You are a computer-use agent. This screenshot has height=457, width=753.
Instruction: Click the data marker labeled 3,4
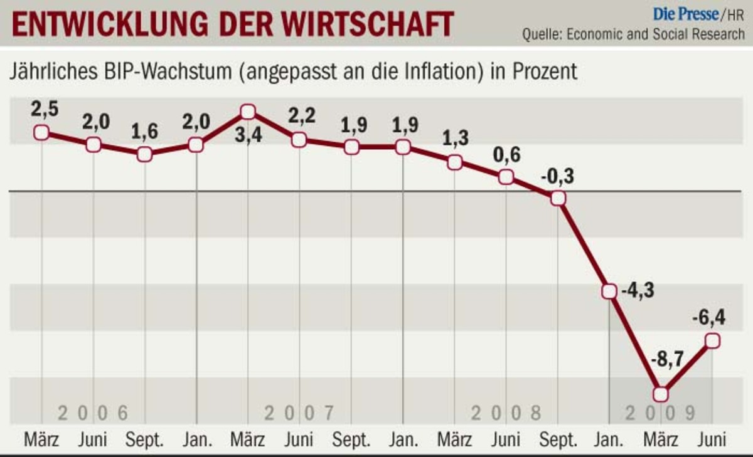[248, 112]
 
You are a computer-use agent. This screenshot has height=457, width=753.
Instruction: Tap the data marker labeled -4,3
[609, 292]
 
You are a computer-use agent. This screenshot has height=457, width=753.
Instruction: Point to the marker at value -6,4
[712, 340]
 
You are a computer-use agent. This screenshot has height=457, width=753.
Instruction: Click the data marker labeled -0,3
[558, 198]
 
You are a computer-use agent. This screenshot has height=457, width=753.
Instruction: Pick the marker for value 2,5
[41, 132]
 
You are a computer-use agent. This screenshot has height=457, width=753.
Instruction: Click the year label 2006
[93, 414]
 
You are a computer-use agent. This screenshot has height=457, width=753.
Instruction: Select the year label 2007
[299, 414]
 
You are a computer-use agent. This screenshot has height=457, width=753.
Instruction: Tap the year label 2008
[506, 414]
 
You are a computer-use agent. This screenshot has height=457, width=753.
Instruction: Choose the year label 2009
[660, 414]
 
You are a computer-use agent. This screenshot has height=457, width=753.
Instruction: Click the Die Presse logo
[685, 13]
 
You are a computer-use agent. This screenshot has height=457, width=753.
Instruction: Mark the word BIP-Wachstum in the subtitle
[166, 71]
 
